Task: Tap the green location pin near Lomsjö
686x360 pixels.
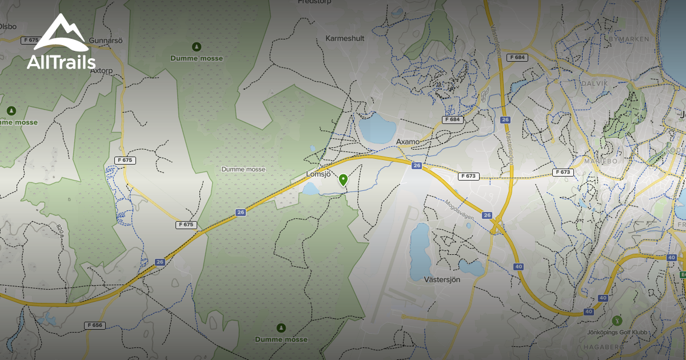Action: click(343, 180)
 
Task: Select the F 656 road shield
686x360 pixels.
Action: click(95, 325)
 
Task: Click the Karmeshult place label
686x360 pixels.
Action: click(344, 38)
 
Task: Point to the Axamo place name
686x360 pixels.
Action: click(408, 141)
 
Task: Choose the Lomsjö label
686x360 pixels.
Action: click(318, 175)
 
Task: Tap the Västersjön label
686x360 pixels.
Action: click(442, 279)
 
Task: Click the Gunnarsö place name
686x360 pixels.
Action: click(105, 41)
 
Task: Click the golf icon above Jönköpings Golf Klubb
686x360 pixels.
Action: click(616, 321)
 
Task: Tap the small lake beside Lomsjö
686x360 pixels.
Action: click(311, 189)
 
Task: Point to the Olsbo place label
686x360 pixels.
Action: click(8, 26)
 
